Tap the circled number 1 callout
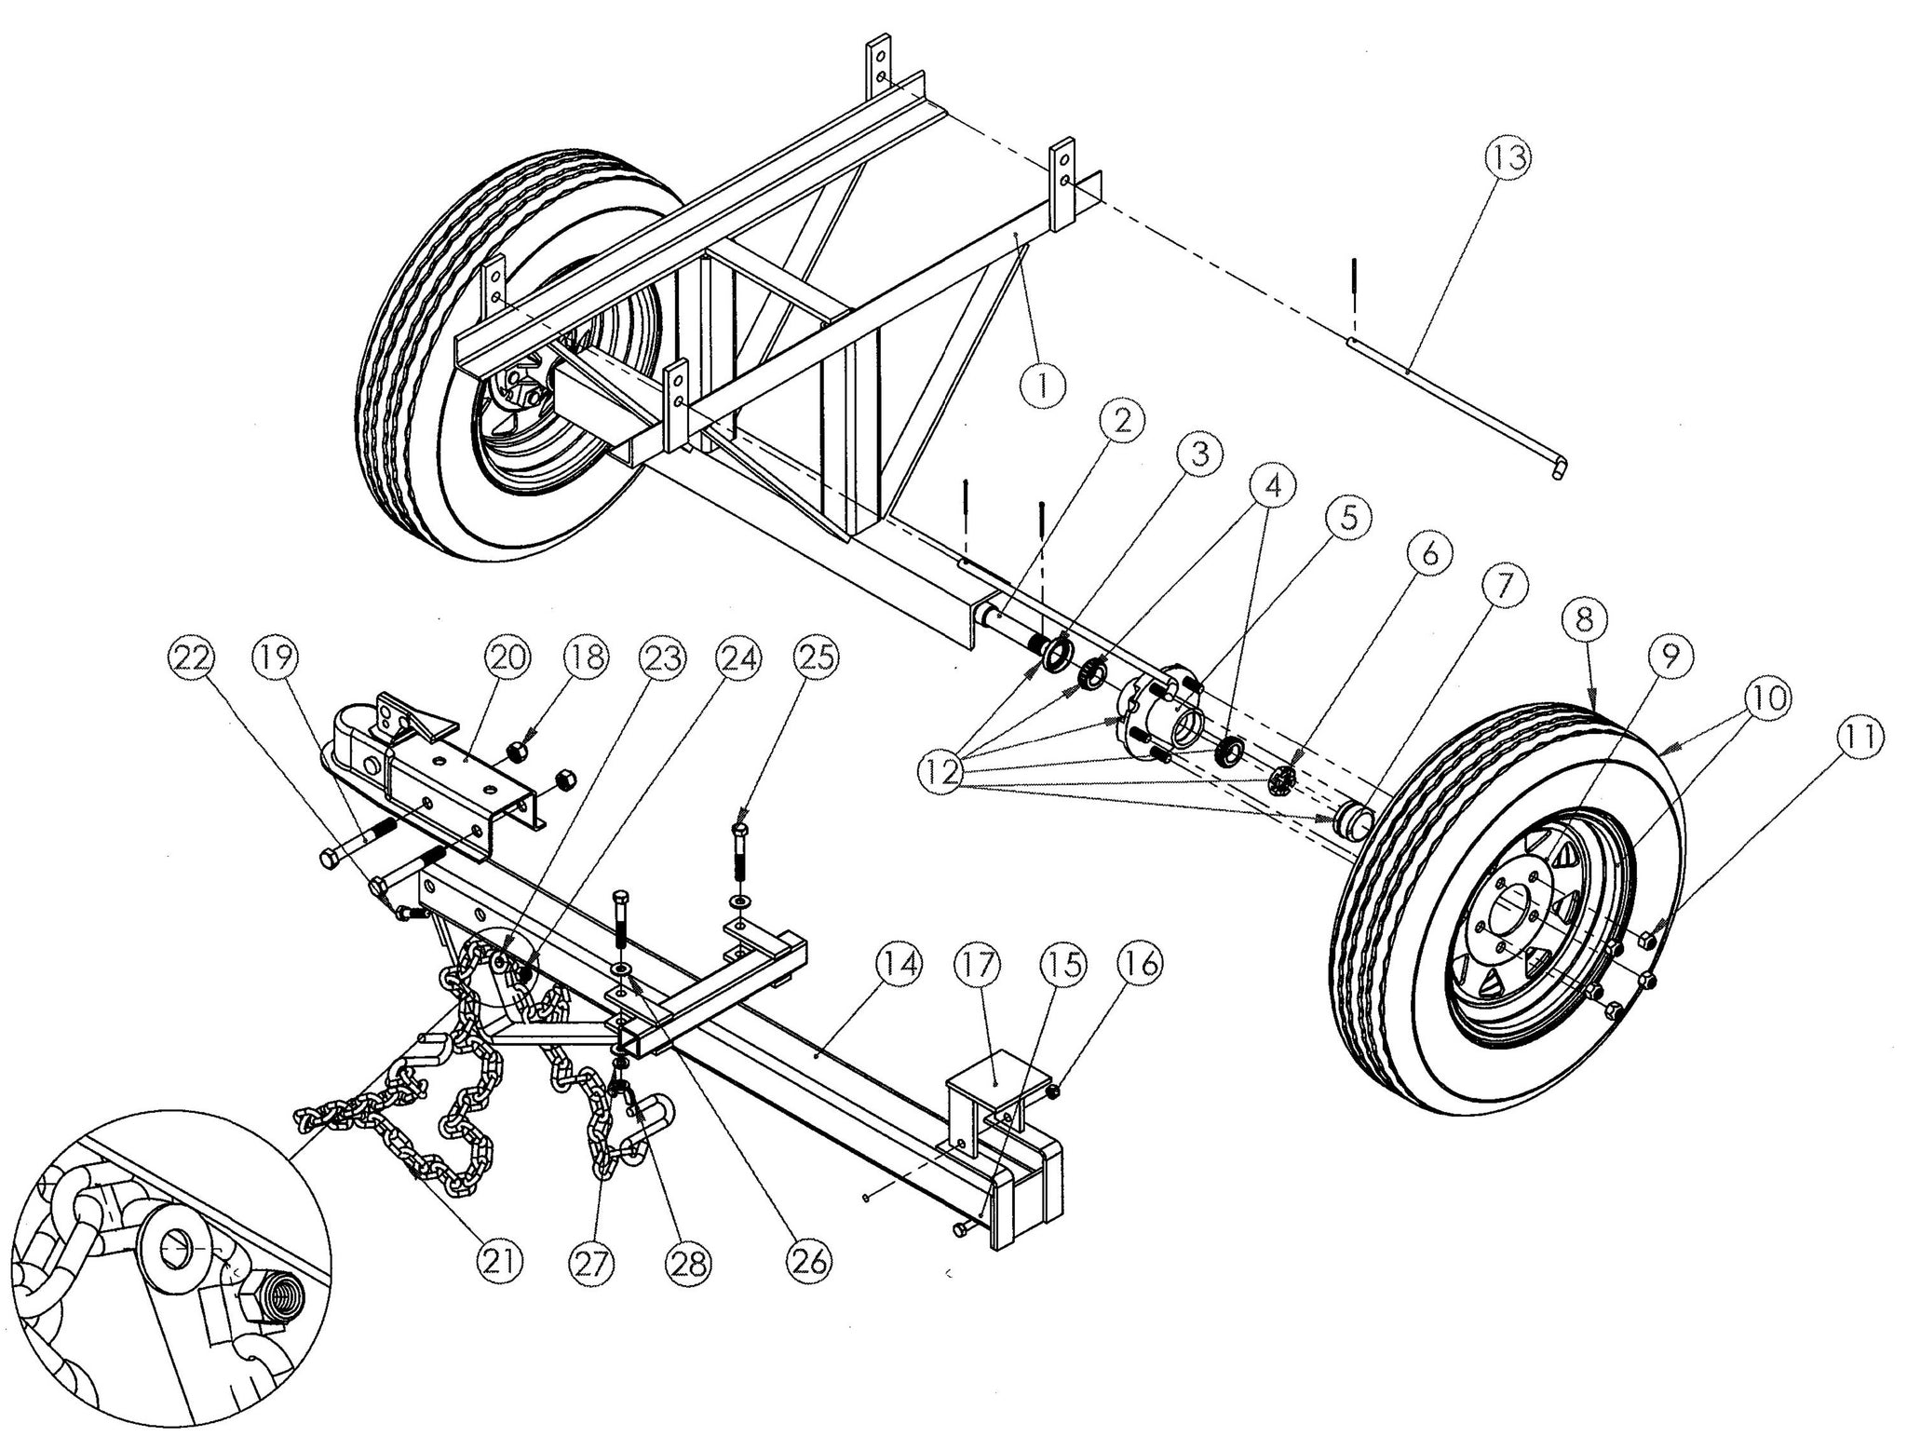(1043, 383)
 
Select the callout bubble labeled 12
(945, 772)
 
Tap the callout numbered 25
(815, 658)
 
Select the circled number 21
(500, 1262)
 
